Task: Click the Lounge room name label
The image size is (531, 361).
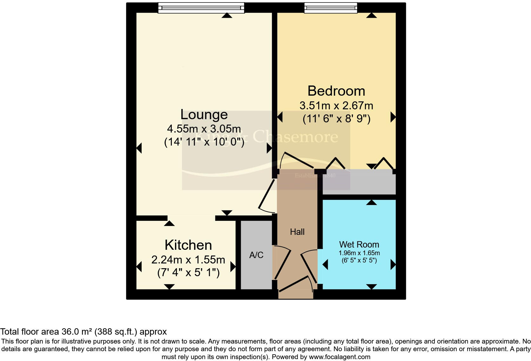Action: pyautogui.click(x=204, y=114)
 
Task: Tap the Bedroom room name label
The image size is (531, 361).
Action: pyautogui.click(x=336, y=91)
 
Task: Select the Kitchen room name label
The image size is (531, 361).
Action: pyautogui.click(x=188, y=245)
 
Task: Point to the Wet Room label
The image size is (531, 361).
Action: pyautogui.click(x=359, y=244)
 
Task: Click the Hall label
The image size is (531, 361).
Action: pyautogui.click(x=297, y=232)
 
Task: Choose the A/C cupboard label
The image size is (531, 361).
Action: pyautogui.click(x=256, y=255)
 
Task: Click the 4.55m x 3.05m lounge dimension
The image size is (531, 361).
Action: pyautogui.click(x=204, y=129)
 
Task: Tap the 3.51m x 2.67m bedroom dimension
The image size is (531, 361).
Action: pyautogui.click(x=336, y=105)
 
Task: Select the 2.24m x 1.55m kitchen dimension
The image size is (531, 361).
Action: pyautogui.click(x=188, y=260)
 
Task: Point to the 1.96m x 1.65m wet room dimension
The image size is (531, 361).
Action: pyautogui.click(x=359, y=253)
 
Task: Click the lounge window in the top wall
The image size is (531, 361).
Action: pyautogui.click(x=201, y=8)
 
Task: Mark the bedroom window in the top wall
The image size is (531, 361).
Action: pyautogui.click(x=331, y=8)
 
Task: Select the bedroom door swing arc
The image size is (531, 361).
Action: pyautogui.click(x=297, y=160)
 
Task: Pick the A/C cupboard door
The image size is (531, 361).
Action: pyautogui.click(x=282, y=263)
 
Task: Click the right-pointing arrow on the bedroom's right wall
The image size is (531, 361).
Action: pyautogui.click(x=393, y=117)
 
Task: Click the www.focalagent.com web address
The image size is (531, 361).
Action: pyautogui.click(x=339, y=357)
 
